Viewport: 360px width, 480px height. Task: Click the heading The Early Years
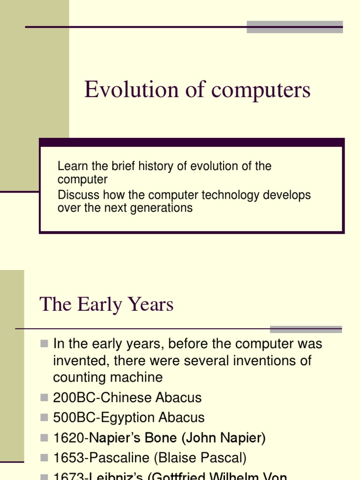tap(106, 305)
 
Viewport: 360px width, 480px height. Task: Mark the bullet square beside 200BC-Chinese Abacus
tap(45, 398)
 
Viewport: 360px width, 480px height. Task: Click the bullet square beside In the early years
tap(45, 344)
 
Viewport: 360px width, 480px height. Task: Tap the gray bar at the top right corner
tap(294, 27)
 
